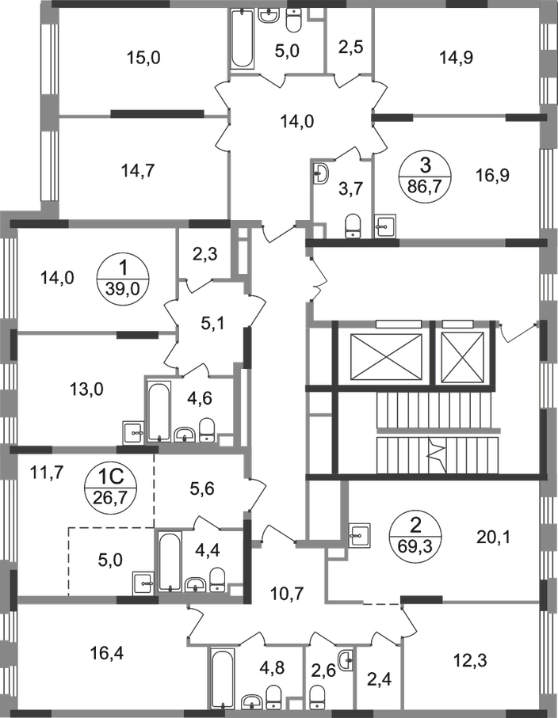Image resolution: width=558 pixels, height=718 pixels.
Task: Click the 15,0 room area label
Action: click(143, 58)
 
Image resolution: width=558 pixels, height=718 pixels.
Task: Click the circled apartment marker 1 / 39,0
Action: click(123, 278)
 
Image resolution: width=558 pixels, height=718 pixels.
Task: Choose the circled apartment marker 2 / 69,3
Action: click(415, 536)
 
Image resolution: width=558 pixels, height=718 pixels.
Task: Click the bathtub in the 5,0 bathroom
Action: click(242, 39)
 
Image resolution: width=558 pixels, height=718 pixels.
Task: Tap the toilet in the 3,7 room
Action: click(353, 226)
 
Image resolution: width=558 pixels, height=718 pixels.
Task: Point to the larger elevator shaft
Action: click(385, 357)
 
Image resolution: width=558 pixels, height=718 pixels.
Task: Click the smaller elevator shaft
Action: click(463, 357)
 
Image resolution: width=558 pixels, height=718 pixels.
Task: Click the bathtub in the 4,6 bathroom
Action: click(159, 411)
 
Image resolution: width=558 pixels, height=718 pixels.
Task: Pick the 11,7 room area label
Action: click(46, 470)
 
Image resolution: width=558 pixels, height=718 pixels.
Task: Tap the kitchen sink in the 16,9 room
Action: click(385, 226)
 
